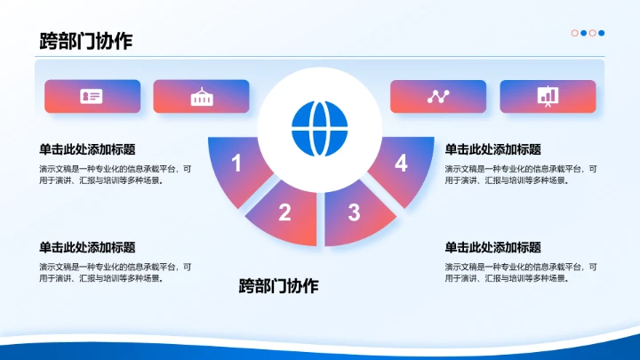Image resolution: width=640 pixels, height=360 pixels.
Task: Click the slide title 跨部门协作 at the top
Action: click(x=86, y=41)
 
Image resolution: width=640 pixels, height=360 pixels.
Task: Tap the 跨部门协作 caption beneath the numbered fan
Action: click(x=278, y=285)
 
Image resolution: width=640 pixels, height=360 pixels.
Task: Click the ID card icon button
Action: click(x=92, y=97)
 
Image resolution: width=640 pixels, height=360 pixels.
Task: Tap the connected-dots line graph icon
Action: click(x=438, y=97)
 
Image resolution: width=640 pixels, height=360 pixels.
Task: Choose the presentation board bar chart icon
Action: click(x=548, y=97)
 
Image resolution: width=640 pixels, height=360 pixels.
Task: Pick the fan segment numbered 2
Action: click(x=284, y=212)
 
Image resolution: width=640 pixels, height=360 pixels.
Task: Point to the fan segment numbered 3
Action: click(x=355, y=212)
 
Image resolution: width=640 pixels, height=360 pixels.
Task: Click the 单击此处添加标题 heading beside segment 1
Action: click(x=87, y=149)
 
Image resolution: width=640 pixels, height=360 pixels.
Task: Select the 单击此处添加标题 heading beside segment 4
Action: click(x=492, y=149)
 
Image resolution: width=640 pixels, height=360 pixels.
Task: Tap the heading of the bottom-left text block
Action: click(x=87, y=247)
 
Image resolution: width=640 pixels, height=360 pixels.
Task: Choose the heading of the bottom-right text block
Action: click(x=492, y=247)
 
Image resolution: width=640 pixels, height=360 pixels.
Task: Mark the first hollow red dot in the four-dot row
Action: click(x=575, y=33)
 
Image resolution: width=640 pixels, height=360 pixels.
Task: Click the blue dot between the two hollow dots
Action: click(x=584, y=33)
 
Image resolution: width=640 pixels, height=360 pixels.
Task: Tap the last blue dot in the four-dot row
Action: click(x=602, y=33)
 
